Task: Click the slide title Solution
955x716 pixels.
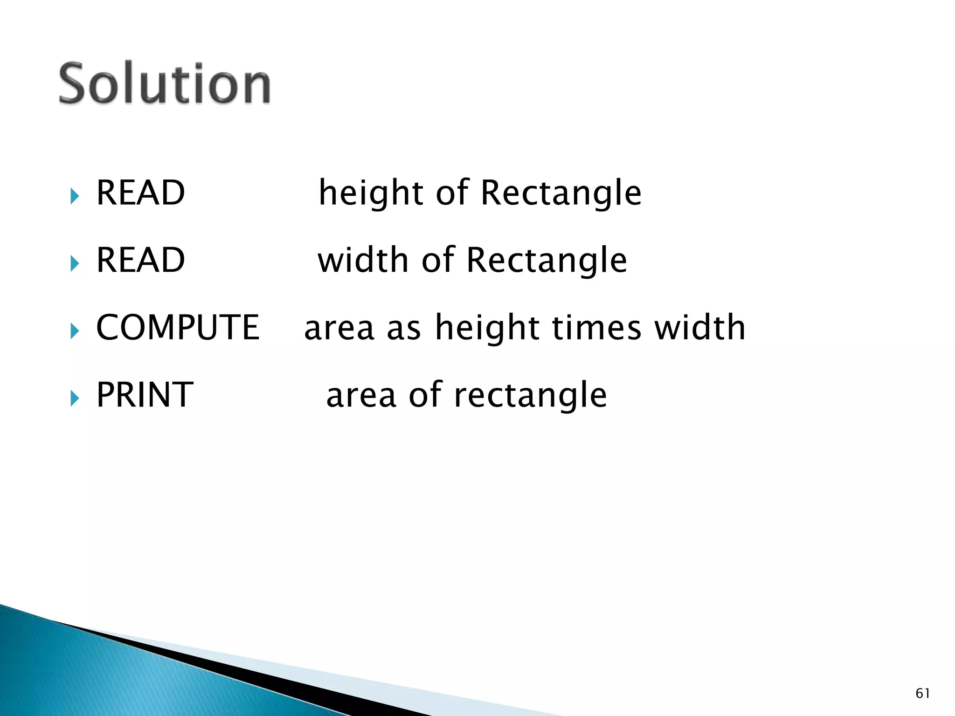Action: point(164,84)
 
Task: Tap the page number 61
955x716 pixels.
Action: point(923,693)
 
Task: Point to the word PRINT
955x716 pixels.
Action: point(145,395)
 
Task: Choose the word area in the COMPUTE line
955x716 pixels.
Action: point(339,328)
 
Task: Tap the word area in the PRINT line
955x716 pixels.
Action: point(361,396)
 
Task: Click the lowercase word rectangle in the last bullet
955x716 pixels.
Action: point(530,396)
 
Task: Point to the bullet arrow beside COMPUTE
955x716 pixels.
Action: point(75,331)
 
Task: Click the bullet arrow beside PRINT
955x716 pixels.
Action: point(75,399)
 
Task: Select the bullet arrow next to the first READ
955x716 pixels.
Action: point(75,196)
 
